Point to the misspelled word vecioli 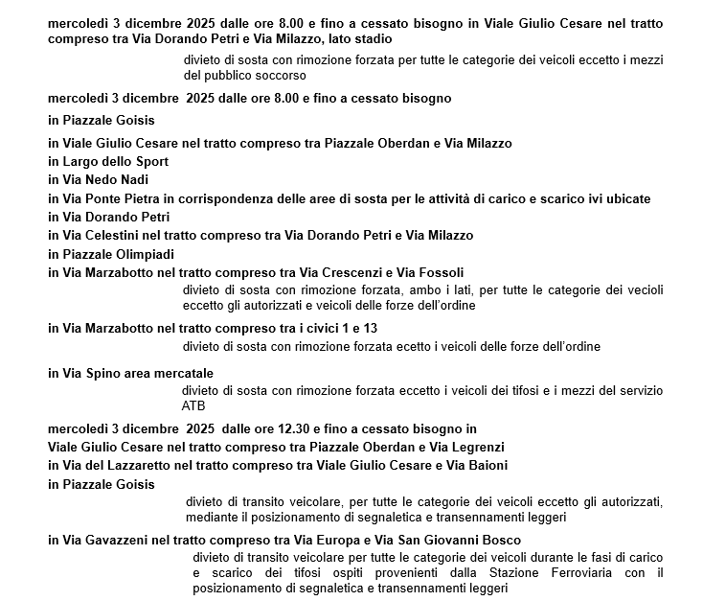tap(641, 289)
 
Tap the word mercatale tap(178, 373)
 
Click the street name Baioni tap(486, 465)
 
